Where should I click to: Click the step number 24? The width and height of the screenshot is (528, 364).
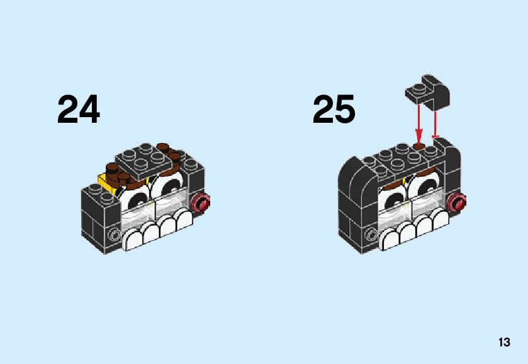(79, 110)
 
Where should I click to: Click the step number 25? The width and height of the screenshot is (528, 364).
(334, 110)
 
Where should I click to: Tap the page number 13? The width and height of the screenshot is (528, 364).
(504, 343)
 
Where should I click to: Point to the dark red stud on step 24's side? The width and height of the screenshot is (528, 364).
(202, 203)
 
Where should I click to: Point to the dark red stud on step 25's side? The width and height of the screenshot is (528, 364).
(458, 202)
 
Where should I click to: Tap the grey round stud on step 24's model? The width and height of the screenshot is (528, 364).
(114, 236)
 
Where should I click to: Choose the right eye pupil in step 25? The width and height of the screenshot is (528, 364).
(421, 188)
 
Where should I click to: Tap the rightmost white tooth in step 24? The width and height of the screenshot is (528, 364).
(184, 221)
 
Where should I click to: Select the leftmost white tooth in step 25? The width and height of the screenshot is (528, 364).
(391, 239)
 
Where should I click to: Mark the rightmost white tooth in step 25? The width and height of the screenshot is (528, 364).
(440, 221)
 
